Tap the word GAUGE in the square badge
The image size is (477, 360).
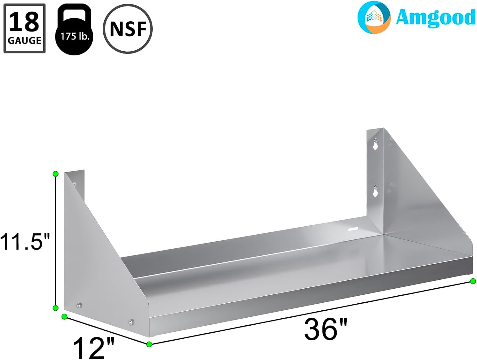[x=24, y=41]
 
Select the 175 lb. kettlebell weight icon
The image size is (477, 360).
[x=74, y=31]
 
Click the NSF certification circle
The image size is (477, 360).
[x=128, y=29]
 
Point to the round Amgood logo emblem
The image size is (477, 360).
[x=374, y=18]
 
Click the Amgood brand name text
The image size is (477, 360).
[x=435, y=18]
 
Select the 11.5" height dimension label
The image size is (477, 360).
[x=25, y=242]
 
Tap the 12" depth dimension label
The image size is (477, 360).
[x=93, y=348]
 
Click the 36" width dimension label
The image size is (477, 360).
[x=326, y=329]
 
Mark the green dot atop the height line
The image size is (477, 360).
[x=56, y=174]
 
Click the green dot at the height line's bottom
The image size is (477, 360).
[x=56, y=308]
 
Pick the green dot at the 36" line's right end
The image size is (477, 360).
[x=473, y=281]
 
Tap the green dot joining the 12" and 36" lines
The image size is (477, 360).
[x=149, y=344]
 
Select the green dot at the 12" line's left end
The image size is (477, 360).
[x=64, y=316]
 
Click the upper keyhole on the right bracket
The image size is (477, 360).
[x=376, y=144]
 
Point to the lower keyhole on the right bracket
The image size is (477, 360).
[x=376, y=191]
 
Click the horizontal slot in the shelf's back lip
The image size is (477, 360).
[x=353, y=229]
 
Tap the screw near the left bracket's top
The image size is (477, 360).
[x=74, y=183]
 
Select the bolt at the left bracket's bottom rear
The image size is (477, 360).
[x=79, y=306]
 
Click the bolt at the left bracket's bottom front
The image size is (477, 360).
[x=131, y=322]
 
